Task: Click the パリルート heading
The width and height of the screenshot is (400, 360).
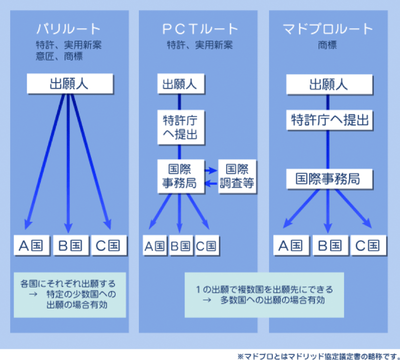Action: pos(68,29)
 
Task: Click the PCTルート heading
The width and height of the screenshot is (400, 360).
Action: pos(200,29)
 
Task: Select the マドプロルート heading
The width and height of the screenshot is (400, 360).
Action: pos(328,29)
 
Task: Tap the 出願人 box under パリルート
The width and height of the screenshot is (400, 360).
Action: pos(69,83)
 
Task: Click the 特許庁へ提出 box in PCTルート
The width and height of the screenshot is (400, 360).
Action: pos(181,127)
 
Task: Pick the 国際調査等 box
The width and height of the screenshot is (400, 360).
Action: pos(237,177)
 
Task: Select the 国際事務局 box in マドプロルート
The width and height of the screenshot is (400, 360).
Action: pos(329,179)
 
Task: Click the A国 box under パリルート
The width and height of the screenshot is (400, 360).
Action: pos(32,245)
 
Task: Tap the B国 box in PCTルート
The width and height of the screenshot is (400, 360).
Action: pos(181,245)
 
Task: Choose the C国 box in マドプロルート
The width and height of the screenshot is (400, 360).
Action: pos(368,245)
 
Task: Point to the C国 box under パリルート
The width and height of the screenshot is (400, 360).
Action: pos(109,245)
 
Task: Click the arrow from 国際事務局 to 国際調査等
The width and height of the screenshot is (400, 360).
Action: pos(211,170)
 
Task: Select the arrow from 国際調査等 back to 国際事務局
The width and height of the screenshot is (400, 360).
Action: pos(211,183)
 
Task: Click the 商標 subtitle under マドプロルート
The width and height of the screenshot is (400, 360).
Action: pos(327,45)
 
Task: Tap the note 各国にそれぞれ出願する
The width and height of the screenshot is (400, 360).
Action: pos(68,283)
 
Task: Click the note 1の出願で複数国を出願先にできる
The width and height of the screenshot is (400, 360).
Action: pos(265,289)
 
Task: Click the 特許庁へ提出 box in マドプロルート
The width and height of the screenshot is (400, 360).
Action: pos(329,120)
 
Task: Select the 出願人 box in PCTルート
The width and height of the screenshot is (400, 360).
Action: pos(181,83)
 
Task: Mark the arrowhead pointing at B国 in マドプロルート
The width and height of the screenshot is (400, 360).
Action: pos(328,228)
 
